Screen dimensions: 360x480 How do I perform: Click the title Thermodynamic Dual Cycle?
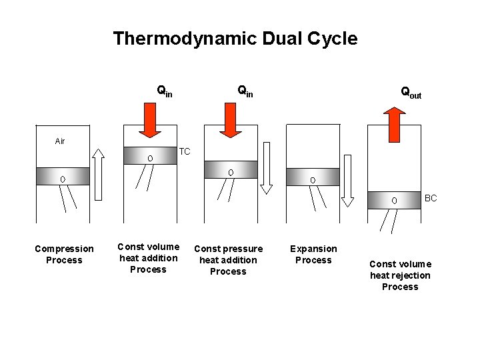(235, 39)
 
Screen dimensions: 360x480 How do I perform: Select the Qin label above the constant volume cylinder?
(164, 90)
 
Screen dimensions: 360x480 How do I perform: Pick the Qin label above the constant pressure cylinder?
(245, 90)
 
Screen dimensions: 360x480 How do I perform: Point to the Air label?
(60, 141)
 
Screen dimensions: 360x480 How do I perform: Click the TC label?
(185, 152)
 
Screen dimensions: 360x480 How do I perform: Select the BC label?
(430, 199)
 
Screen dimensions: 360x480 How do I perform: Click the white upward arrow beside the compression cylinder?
(99, 173)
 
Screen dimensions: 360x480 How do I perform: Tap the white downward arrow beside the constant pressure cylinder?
(266, 167)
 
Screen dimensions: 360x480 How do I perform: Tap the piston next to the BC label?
(394, 200)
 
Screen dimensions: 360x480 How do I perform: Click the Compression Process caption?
(64, 254)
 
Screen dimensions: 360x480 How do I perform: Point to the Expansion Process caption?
(313, 254)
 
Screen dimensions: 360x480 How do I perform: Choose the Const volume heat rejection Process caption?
(400, 275)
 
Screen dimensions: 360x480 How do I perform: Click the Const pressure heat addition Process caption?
(228, 260)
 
